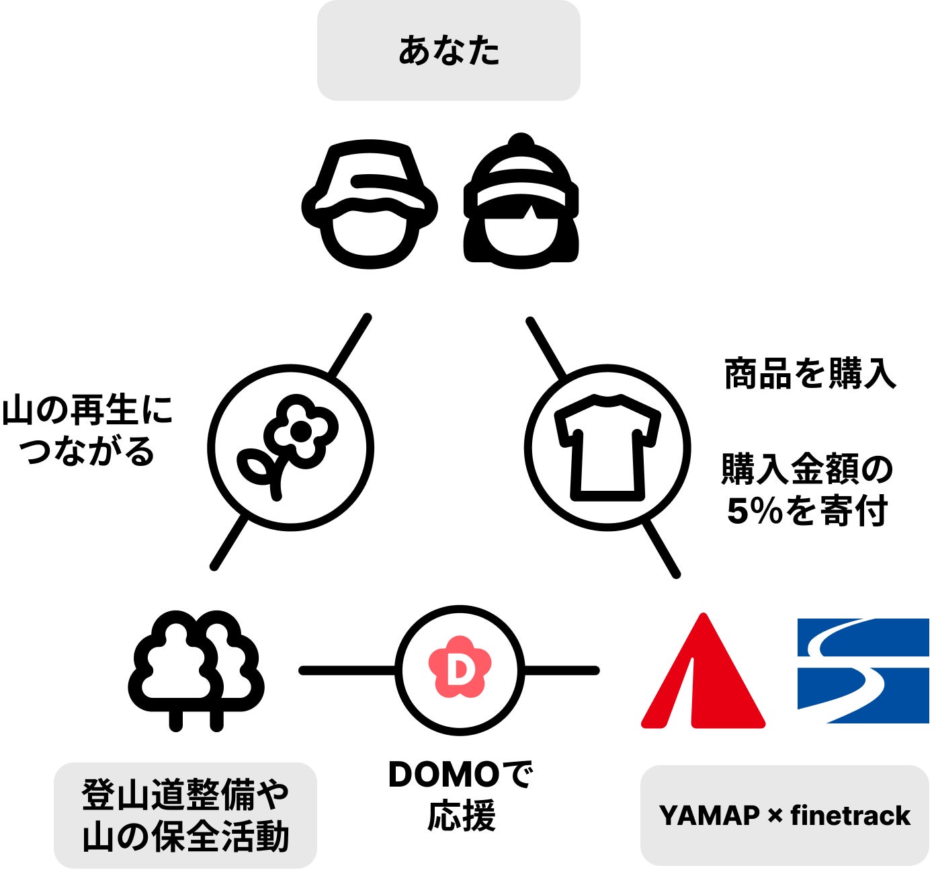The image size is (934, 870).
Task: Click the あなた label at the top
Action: (x=448, y=51)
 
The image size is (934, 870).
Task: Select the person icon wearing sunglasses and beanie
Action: (x=521, y=202)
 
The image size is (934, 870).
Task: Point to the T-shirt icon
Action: (x=607, y=447)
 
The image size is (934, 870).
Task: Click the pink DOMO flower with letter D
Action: (x=460, y=668)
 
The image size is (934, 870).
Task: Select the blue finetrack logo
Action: (x=863, y=670)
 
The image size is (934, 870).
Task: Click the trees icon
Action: (x=196, y=670)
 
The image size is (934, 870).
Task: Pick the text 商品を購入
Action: (x=810, y=374)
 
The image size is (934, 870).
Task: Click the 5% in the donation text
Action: (x=755, y=512)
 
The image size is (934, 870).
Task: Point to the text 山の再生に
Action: (x=87, y=409)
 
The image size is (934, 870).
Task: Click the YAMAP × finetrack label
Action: (x=784, y=816)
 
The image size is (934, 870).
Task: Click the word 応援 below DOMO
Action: (x=462, y=816)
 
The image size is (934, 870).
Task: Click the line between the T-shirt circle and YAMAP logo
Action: (x=661, y=549)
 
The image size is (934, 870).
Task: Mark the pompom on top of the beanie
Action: (x=521, y=142)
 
